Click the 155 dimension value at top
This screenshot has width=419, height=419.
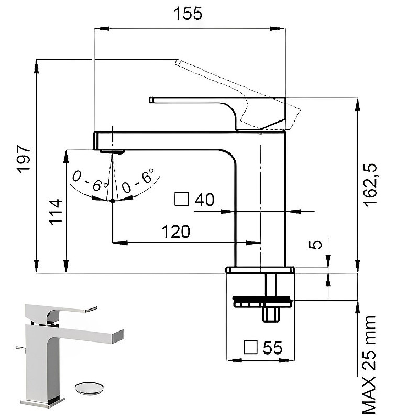pos(188,14)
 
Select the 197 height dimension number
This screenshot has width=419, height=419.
pos(24,159)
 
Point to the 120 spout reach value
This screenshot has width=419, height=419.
pos(176,231)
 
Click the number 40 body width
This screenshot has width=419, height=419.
pos(204,200)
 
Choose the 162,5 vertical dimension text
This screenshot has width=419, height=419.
pos(370,185)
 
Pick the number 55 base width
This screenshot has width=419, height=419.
pos(272,347)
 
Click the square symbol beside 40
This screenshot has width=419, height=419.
pos(181,199)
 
